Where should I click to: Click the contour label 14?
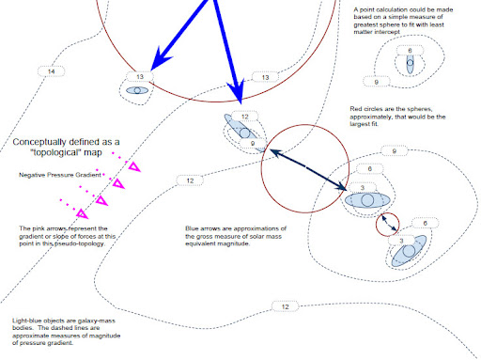click(x=51, y=71)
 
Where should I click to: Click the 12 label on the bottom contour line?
click(x=285, y=306)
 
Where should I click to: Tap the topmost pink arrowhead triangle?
click(x=133, y=167)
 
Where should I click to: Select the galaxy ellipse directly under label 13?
click(x=138, y=91)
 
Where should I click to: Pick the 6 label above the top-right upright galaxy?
click(x=411, y=49)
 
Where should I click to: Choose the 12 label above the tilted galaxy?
click(x=246, y=117)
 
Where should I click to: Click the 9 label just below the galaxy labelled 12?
click(x=254, y=144)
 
